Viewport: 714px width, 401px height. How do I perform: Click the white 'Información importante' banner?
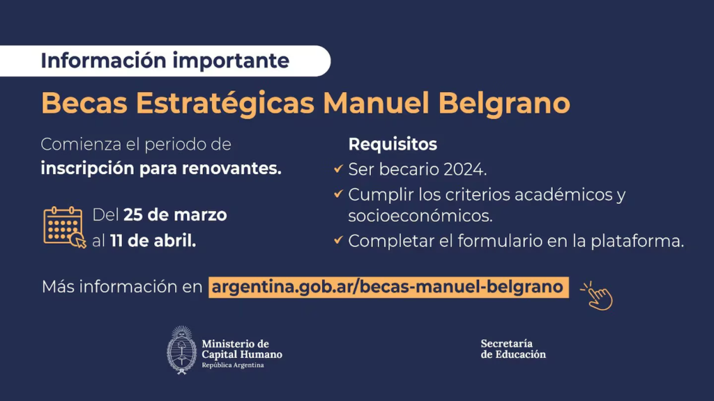tap(165, 61)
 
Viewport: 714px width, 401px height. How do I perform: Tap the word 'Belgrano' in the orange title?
tap(504, 104)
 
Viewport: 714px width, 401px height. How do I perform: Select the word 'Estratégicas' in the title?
tap(225, 103)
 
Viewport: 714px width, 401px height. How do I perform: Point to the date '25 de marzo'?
tap(175, 214)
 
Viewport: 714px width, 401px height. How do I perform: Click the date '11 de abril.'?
tap(153, 241)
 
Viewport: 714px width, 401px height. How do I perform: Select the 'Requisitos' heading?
tap(393, 144)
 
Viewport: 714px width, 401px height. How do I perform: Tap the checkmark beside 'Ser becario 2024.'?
tap(338, 168)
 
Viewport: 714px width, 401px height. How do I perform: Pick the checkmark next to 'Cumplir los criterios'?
tap(338, 194)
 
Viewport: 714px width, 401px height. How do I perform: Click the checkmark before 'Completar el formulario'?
tap(338, 239)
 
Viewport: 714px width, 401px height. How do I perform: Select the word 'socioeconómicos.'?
tap(420, 216)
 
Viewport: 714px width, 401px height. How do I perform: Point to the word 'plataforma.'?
tap(637, 241)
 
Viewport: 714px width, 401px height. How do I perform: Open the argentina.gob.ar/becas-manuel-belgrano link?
tap(388, 288)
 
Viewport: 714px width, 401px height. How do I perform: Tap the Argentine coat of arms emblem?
tap(182, 350)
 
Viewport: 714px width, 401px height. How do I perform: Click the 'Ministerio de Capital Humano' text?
tap(242, 349)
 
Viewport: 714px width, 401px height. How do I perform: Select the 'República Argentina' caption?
tap(233, 365)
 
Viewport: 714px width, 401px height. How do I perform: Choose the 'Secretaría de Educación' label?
tap(513, 349)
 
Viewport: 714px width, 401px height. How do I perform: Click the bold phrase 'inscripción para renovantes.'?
tap(161, 168)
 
